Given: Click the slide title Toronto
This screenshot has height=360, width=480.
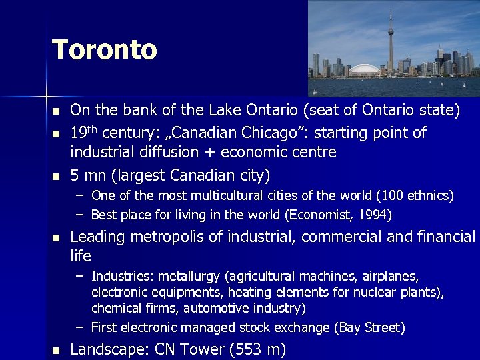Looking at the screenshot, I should point(104,50).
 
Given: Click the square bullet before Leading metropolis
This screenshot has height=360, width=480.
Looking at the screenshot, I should point(56,237).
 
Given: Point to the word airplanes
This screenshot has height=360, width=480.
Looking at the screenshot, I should point(393,276).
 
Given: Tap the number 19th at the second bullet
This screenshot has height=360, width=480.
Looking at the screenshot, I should point(83,132).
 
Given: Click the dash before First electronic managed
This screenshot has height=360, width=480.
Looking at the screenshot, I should point(79,327).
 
